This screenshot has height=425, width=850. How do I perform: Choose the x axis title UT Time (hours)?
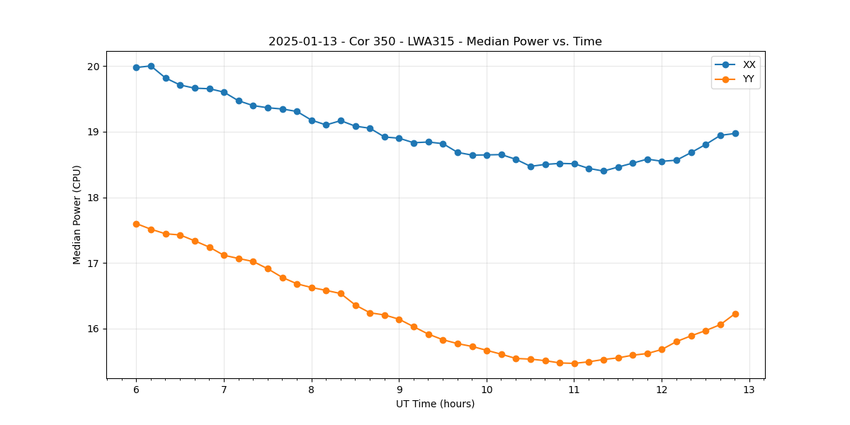pos(435,404)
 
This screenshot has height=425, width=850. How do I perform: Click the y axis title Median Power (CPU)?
pos(77,215)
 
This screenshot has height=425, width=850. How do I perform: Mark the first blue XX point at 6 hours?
pos(136,67)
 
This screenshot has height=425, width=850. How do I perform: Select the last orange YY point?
pos(735,314)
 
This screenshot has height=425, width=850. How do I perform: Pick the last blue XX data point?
pos(735,133)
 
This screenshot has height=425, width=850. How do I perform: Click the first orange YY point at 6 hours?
pos(136,224)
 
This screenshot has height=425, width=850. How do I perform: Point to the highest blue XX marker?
pos(151,66)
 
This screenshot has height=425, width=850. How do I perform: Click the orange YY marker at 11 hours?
pos(574,363)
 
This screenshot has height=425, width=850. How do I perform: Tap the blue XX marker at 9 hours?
pos(399,138)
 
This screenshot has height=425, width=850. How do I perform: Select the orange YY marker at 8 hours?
pos(312,288)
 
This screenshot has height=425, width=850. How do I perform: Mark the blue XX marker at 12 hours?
pos(662,161)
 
